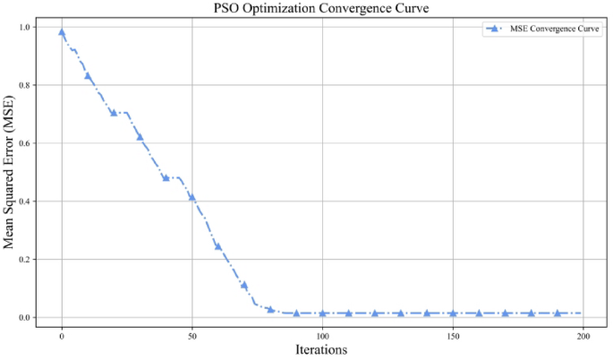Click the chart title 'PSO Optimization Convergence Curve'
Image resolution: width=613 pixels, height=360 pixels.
coord(322,9)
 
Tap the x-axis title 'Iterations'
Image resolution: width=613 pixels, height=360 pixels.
coord(322,349)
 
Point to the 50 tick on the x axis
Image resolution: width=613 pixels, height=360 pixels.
coord(192,334)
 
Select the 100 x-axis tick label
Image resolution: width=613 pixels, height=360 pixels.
coord(323,334)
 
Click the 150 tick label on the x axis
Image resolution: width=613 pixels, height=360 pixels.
coord(454,334)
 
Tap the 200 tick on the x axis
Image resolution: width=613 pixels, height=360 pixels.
coord(583,334)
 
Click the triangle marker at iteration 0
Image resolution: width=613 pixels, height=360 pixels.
coord(62,32)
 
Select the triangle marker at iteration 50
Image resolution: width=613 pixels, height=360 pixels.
coord(192,197)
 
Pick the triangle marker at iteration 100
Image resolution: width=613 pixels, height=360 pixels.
coord(323,313)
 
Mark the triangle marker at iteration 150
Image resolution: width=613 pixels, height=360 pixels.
coord(454,313)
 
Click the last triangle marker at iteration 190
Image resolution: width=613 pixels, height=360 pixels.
coord(558,313)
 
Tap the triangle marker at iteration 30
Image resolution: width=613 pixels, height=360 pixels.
coord(140,137)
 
